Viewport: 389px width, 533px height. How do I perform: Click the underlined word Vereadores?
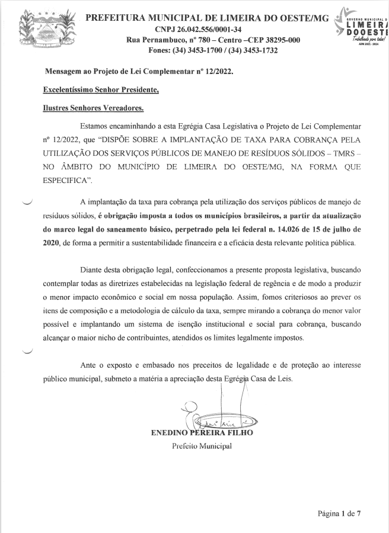tap(123, 108)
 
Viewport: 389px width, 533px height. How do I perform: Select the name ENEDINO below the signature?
tap(170, 434)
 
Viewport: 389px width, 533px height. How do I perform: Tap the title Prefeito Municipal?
tap(202, 446)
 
